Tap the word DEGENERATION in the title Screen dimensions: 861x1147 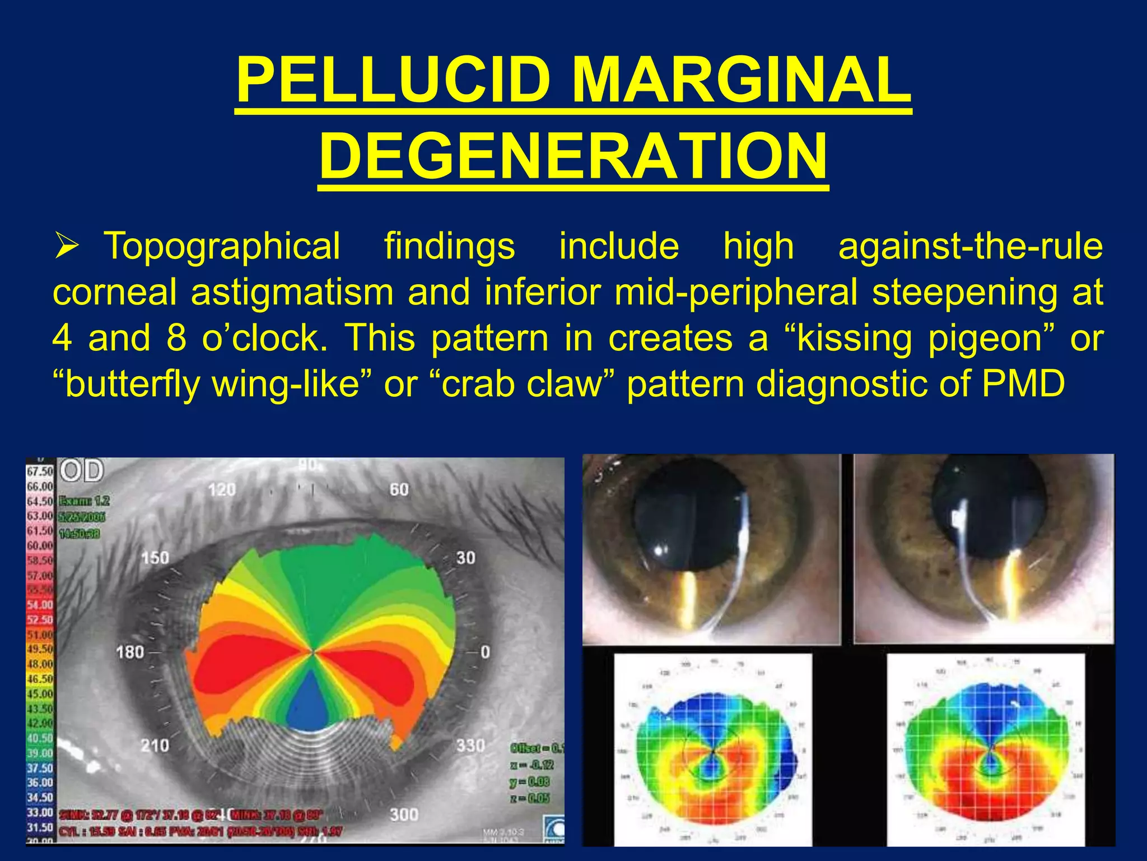[573, 155]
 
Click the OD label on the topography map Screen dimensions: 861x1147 [82, 470]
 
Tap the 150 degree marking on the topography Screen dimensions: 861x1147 [155, 558]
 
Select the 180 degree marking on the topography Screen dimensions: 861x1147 [130, 652]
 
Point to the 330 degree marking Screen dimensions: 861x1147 [470, 745]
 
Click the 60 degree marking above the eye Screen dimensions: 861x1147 [399, 490]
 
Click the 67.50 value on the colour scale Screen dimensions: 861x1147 [40, 472]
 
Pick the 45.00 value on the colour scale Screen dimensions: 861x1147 [40, 693]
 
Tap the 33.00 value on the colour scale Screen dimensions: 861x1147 [40, 812]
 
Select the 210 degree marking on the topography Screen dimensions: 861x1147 [155, 745]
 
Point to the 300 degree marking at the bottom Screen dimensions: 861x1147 [404, 814]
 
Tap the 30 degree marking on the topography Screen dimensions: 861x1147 [465, 558]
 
